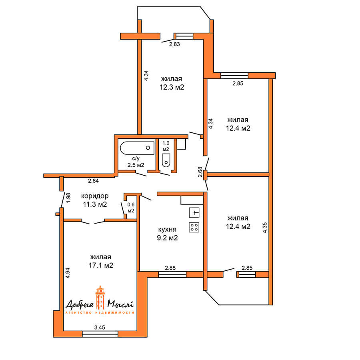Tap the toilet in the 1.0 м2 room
pyautogui.click(x=166, y=160)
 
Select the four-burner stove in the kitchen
pyautogui.click(x=194, y=227)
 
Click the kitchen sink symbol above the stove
pyautogui.click(x=194, y=212)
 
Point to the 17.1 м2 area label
pyautogui.click(x=100, y=265)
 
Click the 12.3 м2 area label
pyautogui.click(x=172, y=87)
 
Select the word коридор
pyautogui.click(x=94, y=196)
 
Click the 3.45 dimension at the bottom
pyautogui.click(x=100, y=328)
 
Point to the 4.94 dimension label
pyautogui.click(x=68, y=272)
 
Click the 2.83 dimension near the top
pyautogui.click(x=174, y=44)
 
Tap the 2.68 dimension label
pyautogui.click(x=200, y=172)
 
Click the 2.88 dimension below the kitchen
pyautogui.click(x=170, y=268)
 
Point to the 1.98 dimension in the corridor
pyautogui.click(x=68, y=198)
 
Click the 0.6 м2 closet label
pyautogui.click(x=130, y=208)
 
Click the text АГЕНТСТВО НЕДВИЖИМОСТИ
pyautogui.click(x=100, y=313)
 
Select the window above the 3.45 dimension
pyautogui.click(x=100, y=334)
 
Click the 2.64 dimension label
pyautogui.click(x=93, y=181)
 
